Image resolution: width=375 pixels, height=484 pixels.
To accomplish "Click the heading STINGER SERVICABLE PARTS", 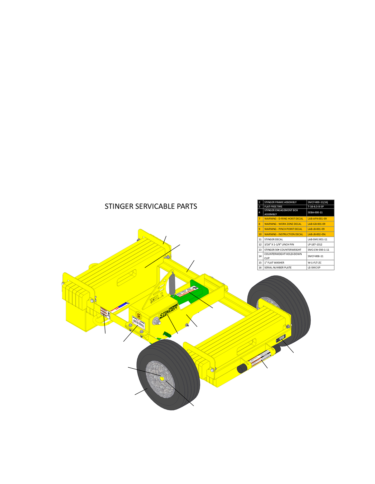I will click(x=151, y=206).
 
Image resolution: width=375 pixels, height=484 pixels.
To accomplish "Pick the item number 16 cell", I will click(x=260, y=268).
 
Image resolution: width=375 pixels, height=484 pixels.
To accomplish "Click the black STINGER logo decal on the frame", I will click(x=169, y=311).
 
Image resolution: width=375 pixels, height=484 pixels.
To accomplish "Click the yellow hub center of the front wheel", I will click(x=162, y=378).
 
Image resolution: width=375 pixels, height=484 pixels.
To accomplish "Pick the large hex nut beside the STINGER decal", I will click(x=157, y=322).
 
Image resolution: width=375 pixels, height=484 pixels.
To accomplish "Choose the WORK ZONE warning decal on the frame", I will click(x=139, y=323).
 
